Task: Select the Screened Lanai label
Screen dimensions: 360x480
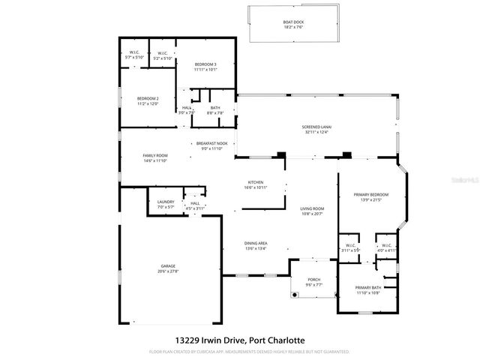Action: pyautogui.click(x=316, y=127)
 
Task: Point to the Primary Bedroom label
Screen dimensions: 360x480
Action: pyautogui.click(x=372, y=195)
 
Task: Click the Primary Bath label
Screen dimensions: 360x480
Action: pyautogui.click(x=369, y=288)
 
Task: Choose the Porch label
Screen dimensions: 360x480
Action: pyautogui.click(x=313, y=279)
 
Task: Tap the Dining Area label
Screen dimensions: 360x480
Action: pyautogui.click(x=256, y=244)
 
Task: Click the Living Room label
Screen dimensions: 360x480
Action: pyautogui.click(x=311, y=208)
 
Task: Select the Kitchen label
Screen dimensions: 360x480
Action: pyautogui.click(x=256, y=182)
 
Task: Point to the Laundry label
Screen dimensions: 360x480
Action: pyautogui.click(x=166, y=202)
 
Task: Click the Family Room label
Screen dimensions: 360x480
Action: pyautogui.click(x=154, y=155)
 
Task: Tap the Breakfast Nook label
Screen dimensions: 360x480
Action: pyautogui.click(x=211, y=142)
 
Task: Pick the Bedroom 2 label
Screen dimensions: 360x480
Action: pyautogui.click(x=147, y=99)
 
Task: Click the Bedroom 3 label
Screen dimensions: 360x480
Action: pyautogui.click(x=205, y=64)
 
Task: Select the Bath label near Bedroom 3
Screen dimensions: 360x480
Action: pyautogui.click(x=214, y=108)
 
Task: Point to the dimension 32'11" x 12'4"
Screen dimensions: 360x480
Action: pyautogui.click(x=316, y=132)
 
